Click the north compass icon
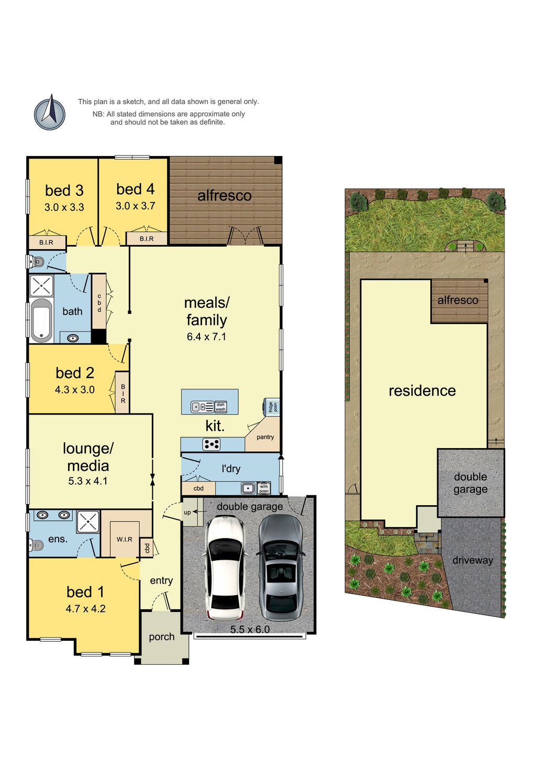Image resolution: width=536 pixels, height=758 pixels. (x=50, y=112)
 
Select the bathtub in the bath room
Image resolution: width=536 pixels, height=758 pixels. (x=41, y=320)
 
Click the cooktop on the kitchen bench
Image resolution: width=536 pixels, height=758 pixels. (x=211, y=444)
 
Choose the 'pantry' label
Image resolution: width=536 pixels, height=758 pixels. (x=265, y=437)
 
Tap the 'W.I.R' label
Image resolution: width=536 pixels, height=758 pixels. (x=125, y=539)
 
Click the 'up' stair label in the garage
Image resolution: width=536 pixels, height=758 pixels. (x=187, y=512)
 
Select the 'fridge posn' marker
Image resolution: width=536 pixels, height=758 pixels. (x=273, y=406)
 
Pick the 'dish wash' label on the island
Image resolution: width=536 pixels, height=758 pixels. (x=220, y=407)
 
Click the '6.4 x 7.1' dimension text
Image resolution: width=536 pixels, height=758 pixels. (x=206, y=337)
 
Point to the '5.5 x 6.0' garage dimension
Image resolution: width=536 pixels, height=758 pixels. (x=250, y=629)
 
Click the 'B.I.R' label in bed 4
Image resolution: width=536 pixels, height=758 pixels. (x=147, y=239)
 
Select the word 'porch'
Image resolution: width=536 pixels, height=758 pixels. (x=161, y=637)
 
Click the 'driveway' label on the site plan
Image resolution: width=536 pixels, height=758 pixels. (x=472, y=560)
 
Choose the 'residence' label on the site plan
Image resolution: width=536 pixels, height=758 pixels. (x=422, y=391)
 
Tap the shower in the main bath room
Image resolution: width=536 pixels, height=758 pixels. (x=42, y=286)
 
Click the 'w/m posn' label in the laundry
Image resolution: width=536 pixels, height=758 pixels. (x=264, y=488)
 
